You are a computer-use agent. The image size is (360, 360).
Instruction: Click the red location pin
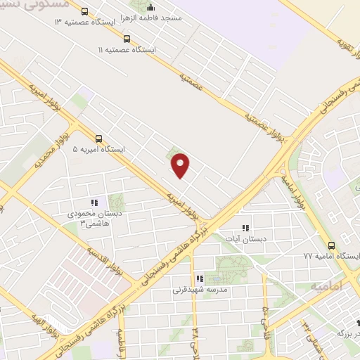coord(181,165)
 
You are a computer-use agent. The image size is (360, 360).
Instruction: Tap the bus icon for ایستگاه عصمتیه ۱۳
coord(85,12)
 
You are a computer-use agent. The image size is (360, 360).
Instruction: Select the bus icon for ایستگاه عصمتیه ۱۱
coord(127,39)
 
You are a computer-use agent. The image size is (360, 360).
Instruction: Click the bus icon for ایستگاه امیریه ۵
coord(98,139)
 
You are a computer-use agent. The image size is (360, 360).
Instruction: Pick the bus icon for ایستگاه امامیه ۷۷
coord(332,245)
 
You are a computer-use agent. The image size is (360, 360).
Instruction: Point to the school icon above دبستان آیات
coord(245,228)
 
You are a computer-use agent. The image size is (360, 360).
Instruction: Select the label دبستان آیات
coord(245,239)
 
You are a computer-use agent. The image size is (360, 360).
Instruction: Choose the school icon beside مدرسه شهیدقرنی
coord(200,278)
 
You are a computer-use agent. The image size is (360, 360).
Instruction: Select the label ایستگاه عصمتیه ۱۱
coord(127,51)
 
